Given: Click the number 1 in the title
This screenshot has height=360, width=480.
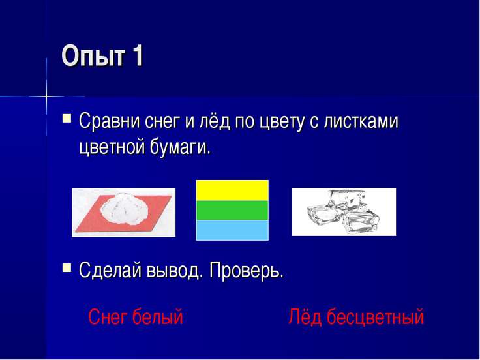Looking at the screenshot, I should [137, 57].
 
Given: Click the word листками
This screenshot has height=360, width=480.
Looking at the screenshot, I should [364, 122].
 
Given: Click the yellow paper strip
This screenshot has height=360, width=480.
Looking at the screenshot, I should [232, 190].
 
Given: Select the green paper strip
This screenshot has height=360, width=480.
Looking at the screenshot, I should [232, 210].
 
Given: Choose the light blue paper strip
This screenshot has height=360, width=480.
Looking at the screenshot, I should [232, 230].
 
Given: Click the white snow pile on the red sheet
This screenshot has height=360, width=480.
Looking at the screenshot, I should [128, 210].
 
